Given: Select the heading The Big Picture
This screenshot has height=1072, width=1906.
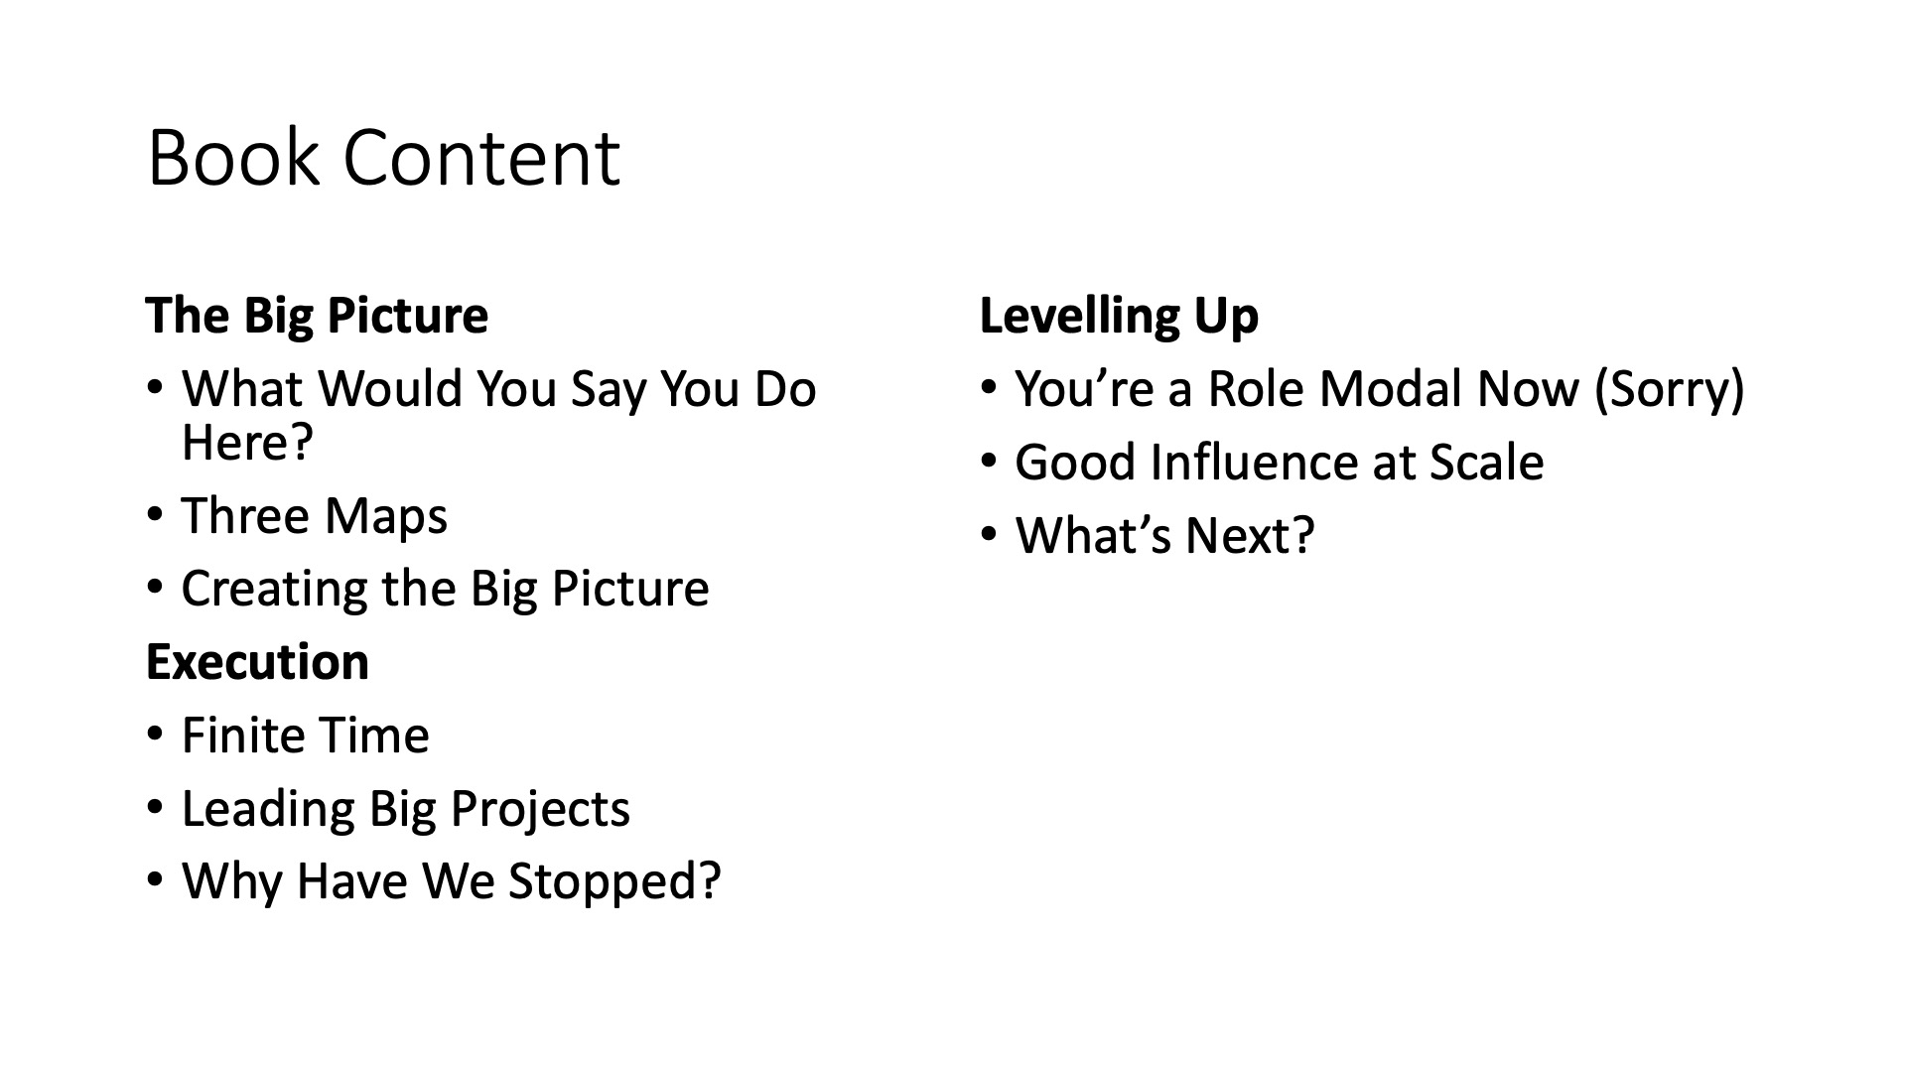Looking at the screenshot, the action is [x=317, y=316].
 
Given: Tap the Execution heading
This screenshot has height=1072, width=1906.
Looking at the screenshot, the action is [x=257, y=662].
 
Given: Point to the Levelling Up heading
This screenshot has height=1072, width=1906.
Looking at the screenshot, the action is [x=1119, y=317].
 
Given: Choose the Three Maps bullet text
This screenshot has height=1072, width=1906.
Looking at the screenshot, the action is [x=315, y=516].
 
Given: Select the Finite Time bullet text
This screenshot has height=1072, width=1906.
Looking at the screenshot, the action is [x=306, y=736].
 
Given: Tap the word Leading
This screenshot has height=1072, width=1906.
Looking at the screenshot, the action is [x=268, y=809].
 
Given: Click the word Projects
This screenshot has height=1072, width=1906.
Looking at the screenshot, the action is [x=540, y=809].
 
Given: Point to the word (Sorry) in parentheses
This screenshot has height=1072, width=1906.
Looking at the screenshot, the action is [x=1669, y=389].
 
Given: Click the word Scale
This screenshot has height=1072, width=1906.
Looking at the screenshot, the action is [x=1486, y=463].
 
